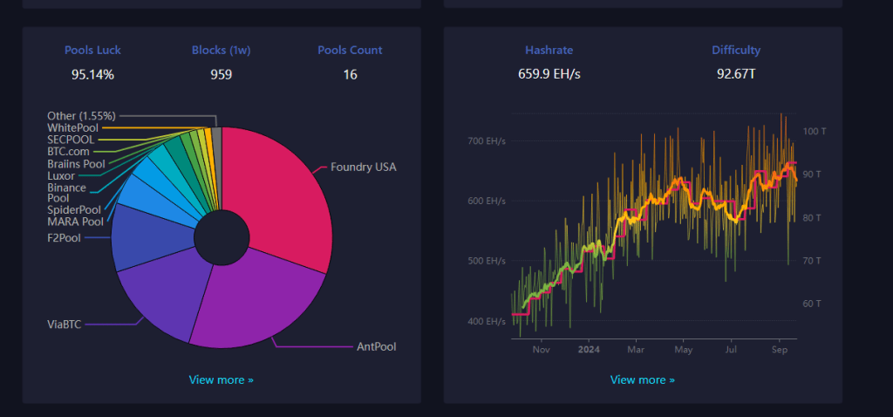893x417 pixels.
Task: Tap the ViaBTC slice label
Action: (65, 324)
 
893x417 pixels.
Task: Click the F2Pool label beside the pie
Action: (64, 236)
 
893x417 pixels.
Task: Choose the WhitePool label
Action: (73, 128)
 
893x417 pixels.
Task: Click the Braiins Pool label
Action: (76, 163)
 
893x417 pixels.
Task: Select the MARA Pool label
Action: (74, 221)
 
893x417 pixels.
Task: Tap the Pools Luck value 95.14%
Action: (92, 74)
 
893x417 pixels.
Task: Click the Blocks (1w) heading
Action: (221, 50)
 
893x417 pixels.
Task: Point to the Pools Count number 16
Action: (350, 74)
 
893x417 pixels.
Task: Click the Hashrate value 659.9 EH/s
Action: (549, 74)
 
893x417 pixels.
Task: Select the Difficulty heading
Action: (736, 50)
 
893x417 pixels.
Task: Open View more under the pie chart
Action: (222, 379)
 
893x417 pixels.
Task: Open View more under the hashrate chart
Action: (643, 379)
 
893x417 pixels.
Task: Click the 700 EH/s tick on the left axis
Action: (487, 140)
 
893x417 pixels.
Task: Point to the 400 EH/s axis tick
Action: (487, 321)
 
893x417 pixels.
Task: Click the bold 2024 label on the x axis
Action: (590, 350)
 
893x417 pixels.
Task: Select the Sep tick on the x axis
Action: (780, 350)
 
